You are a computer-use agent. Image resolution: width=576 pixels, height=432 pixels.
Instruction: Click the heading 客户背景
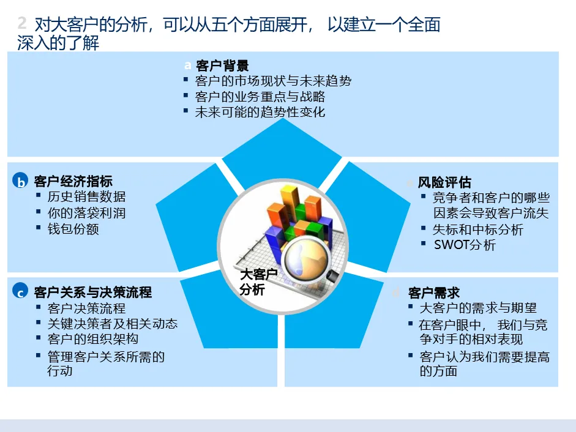[222, 66]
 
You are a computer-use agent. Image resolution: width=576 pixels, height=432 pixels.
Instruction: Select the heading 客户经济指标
[73, 181]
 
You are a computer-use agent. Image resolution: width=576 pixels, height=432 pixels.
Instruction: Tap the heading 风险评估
[444, 182]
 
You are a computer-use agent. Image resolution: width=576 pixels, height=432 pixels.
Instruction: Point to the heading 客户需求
[434, 292]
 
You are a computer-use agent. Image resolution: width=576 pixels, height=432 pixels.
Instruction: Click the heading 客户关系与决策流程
[93, 292]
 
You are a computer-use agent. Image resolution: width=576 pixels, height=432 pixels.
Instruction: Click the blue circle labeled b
[21, 182]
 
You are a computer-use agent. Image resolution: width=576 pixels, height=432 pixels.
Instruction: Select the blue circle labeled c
[21, 292]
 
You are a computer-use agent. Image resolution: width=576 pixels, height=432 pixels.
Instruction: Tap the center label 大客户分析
[258, 282]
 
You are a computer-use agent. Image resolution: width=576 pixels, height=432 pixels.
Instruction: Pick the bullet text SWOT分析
[465, 245]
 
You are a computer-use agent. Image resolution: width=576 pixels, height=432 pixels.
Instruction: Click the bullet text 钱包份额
[73, 229]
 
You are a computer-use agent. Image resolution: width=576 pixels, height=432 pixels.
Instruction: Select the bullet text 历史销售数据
[86, 196]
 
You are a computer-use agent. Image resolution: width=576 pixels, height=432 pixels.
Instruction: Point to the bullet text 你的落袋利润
[86, 213]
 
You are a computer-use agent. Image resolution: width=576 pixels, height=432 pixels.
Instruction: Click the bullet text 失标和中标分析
[478, 229]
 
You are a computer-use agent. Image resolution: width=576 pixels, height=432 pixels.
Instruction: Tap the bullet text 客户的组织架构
[93, 339]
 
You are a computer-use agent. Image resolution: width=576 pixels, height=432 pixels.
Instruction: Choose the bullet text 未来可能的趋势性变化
[260, 112]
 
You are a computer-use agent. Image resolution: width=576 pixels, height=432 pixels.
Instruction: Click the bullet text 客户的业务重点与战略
[260, 97]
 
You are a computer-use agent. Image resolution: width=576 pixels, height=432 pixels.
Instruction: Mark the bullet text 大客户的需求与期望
[478, 308]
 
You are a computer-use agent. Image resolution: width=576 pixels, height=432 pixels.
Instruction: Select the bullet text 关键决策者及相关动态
[113, 324]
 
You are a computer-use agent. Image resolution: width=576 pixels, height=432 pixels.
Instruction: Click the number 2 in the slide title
[23, 24]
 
